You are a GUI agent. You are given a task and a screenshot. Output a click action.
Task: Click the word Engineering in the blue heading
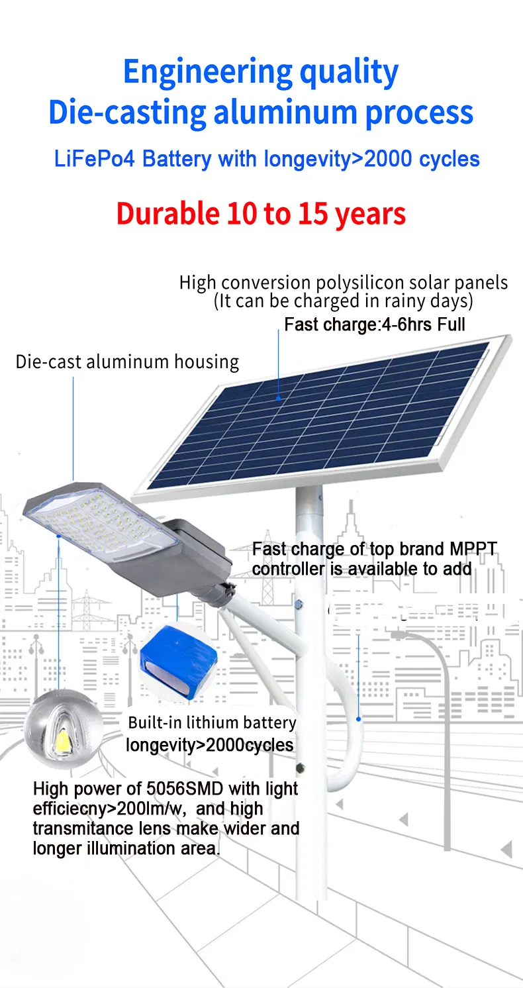(x=208, y=73)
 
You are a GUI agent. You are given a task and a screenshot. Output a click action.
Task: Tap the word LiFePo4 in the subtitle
(x=94, y=159)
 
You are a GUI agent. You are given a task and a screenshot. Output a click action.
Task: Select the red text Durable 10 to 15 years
(x=261, y=214)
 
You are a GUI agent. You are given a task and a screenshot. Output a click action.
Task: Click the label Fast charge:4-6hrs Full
(x=375, y=324)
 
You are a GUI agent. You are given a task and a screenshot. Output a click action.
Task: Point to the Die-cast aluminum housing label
(x=128, y=362)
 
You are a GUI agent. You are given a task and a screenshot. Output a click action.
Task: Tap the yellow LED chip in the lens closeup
(x=62, y=740)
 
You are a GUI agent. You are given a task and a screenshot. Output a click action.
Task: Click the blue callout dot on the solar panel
(x=278, y=398)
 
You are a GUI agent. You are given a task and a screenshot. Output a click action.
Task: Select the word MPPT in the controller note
(x=473, y=549)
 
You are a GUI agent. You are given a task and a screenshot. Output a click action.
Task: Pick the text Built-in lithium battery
(x=212, y=722)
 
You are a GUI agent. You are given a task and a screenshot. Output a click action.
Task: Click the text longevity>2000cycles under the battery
(x=209, y=745)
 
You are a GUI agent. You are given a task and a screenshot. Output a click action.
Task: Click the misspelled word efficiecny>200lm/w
(x=110, y=809)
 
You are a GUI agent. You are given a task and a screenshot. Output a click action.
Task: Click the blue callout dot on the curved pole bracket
(x=359, y=719)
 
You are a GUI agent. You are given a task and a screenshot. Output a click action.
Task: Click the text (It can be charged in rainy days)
(x=343, y=301)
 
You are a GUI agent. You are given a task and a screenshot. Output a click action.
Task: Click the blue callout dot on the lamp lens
(x=58, y=536)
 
